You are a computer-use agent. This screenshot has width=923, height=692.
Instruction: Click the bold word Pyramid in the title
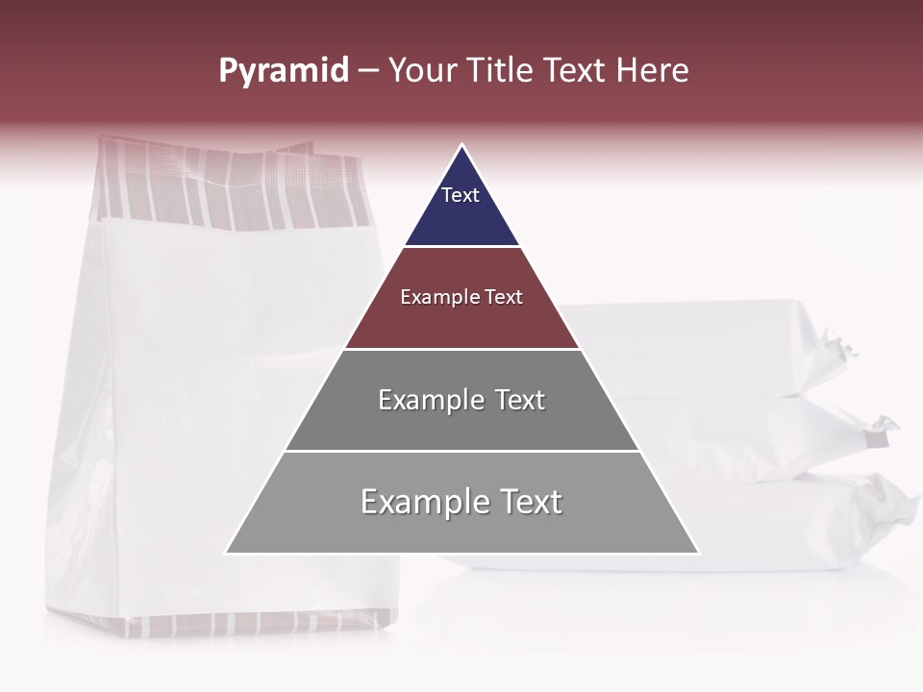283,71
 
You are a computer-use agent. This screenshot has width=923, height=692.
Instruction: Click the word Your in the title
421,71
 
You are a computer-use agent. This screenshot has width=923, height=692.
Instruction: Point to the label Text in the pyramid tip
461,195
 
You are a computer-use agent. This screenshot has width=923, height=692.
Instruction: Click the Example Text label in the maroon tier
461,297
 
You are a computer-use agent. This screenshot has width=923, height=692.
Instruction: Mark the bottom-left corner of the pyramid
226,553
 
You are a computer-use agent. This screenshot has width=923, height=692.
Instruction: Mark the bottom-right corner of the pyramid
699,553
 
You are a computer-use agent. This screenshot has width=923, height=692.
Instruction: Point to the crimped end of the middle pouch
880,432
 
